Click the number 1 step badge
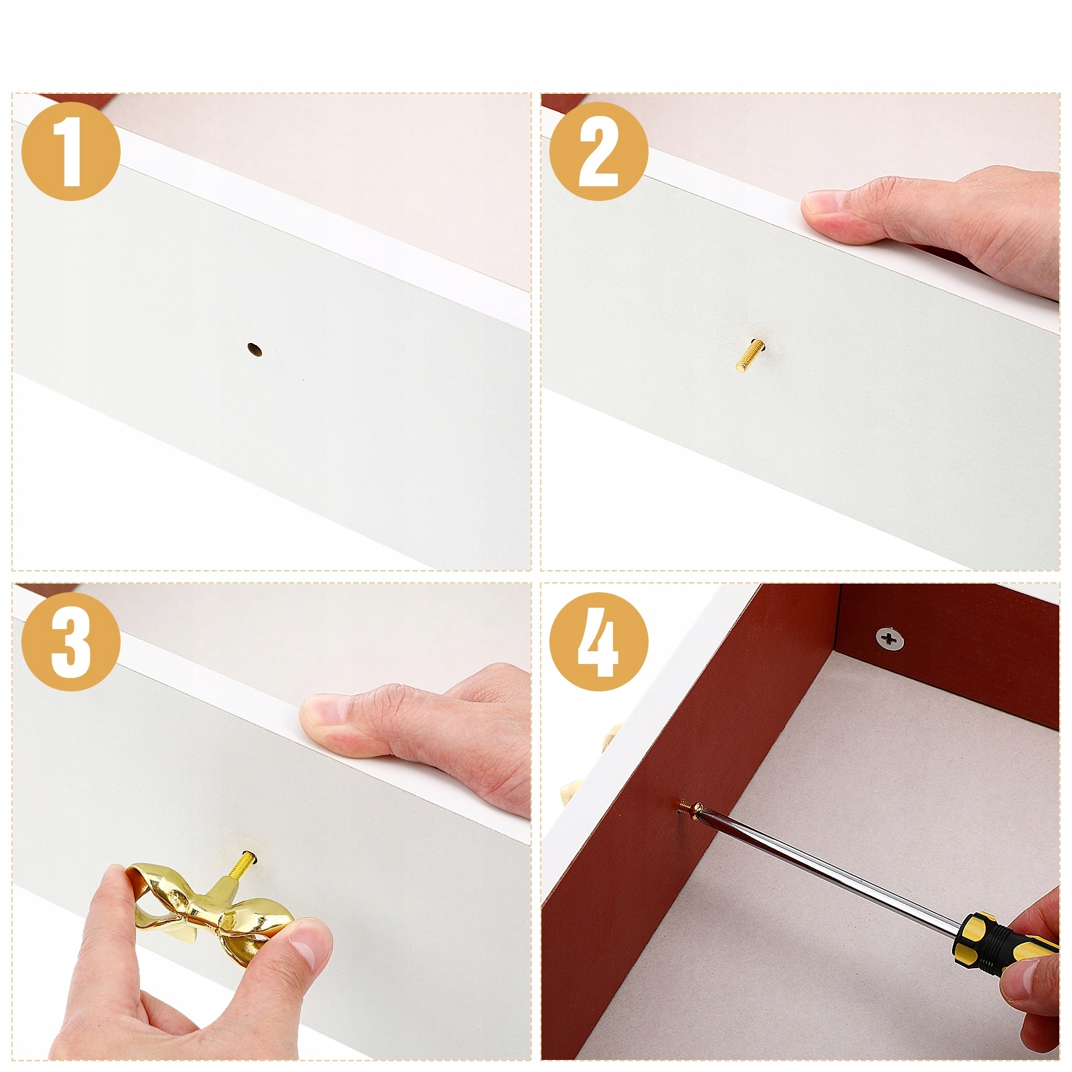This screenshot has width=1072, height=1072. click(x=70, y=151)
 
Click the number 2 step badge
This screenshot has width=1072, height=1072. click(x=598, y=151)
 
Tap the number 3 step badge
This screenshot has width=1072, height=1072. click(x=70, y=641)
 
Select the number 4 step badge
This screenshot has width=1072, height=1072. click(x=598, y=641)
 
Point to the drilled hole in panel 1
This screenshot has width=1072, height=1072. click(x=254, y=349)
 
